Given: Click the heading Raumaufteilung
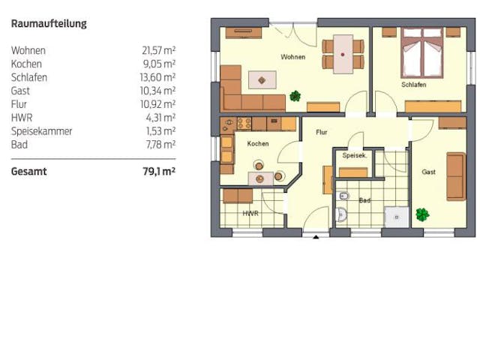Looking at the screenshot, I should (x=49, y=23).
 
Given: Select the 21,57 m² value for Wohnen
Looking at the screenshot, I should (x=158, y=50).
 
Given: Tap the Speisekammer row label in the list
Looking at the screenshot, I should (x=41, y=131).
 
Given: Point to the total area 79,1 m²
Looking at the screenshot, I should (x=158, y=171).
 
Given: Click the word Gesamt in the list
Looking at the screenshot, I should (x=28, y=171).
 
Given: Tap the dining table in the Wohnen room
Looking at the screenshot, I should (x=343, y=54).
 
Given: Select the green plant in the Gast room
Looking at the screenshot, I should (x=423, y=214).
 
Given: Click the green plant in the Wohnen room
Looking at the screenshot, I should (x=295, y=96).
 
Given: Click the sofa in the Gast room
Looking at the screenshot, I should (x=455, y=176).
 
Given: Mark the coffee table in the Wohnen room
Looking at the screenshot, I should (x=262, y=79).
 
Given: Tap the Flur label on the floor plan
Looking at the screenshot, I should (x=321, y=132).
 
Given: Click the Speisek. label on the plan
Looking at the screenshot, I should (x=353, y=156).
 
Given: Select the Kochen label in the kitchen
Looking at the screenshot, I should (x=257, y=143).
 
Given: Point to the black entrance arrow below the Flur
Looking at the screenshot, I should (x=315, y=237).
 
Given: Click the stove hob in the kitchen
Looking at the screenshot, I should (x=244, y=123).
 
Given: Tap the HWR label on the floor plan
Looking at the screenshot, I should (x=250, y=214).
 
